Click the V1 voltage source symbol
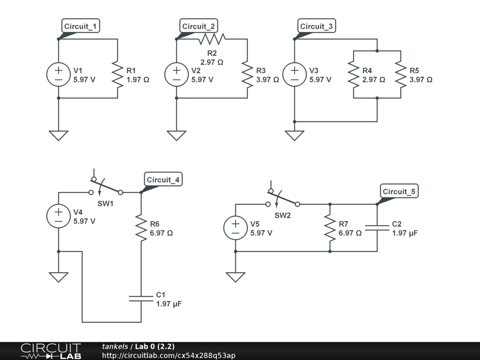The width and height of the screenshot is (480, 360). tap(59, 75)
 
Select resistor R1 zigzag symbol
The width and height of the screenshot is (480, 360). tap(117, 75)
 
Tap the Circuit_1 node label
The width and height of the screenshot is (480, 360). tap(81, 26)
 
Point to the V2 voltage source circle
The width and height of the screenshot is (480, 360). tap(176, 75)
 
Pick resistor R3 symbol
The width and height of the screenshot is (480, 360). tap(247, 75)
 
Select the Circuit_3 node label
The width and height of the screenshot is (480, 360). tap(317, 26)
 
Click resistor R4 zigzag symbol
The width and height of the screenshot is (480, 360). tap(353, 75)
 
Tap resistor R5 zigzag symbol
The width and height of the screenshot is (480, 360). tap(401, 75)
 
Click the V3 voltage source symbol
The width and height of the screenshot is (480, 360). tap(294, 75)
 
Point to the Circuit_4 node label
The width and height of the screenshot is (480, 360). tap(163, 180)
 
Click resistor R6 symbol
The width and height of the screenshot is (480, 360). tap(141, 228)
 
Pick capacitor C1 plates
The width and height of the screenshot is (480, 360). tap(141, 299)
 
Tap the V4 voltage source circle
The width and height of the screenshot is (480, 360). tap(59, 216)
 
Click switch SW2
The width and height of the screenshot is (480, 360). tap(283, 199)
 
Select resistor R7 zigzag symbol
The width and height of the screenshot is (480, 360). tap(330, 228)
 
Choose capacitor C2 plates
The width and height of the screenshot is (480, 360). tap(377, 228)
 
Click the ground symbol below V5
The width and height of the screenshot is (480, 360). tap(235, 277)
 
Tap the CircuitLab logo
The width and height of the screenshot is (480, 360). tap(51, 351)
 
